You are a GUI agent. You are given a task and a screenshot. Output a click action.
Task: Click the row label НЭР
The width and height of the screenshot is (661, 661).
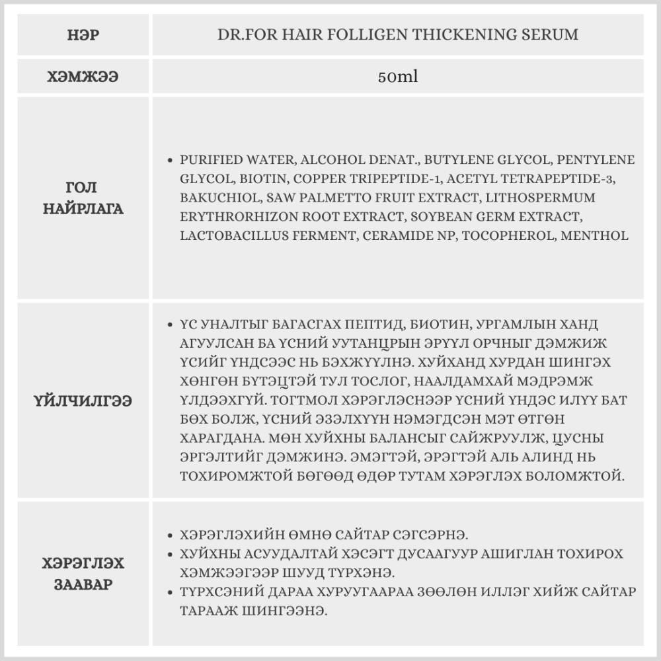click(x=83, y=35)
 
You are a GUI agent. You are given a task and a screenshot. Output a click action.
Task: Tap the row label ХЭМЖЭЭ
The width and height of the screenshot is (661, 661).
click(x=83, y=77)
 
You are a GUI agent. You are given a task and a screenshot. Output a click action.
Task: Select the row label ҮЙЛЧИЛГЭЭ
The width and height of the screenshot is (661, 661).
click(x=83, y=401)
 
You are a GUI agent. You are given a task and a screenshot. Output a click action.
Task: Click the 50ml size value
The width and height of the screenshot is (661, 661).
click(x=398, y=77)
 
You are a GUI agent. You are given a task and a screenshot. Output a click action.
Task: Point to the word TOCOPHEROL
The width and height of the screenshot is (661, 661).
click(x=504, y=235)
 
